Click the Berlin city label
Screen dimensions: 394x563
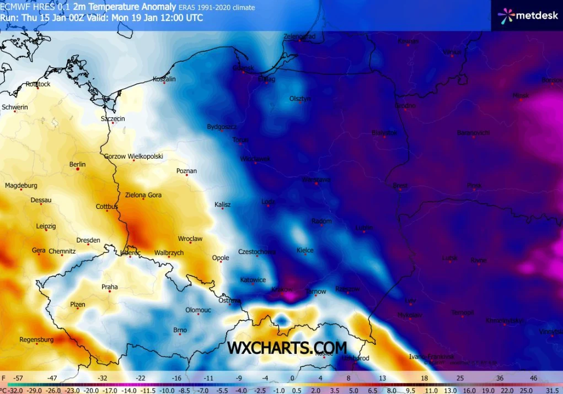78,164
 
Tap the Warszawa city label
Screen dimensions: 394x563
316,180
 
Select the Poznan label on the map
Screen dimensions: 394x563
186,171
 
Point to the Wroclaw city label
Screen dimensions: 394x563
190,239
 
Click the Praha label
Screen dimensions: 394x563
109,287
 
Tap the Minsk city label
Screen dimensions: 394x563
521,95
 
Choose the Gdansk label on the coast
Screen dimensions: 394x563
243,68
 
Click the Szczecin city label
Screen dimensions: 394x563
113,118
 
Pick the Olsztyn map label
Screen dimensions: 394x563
301,99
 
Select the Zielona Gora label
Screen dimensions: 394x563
143,195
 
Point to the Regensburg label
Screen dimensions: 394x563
36,339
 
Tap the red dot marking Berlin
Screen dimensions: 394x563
78,170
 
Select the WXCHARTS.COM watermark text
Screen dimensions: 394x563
287,348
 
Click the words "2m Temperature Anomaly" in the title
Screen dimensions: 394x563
124,7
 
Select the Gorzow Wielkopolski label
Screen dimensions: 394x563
133,156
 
